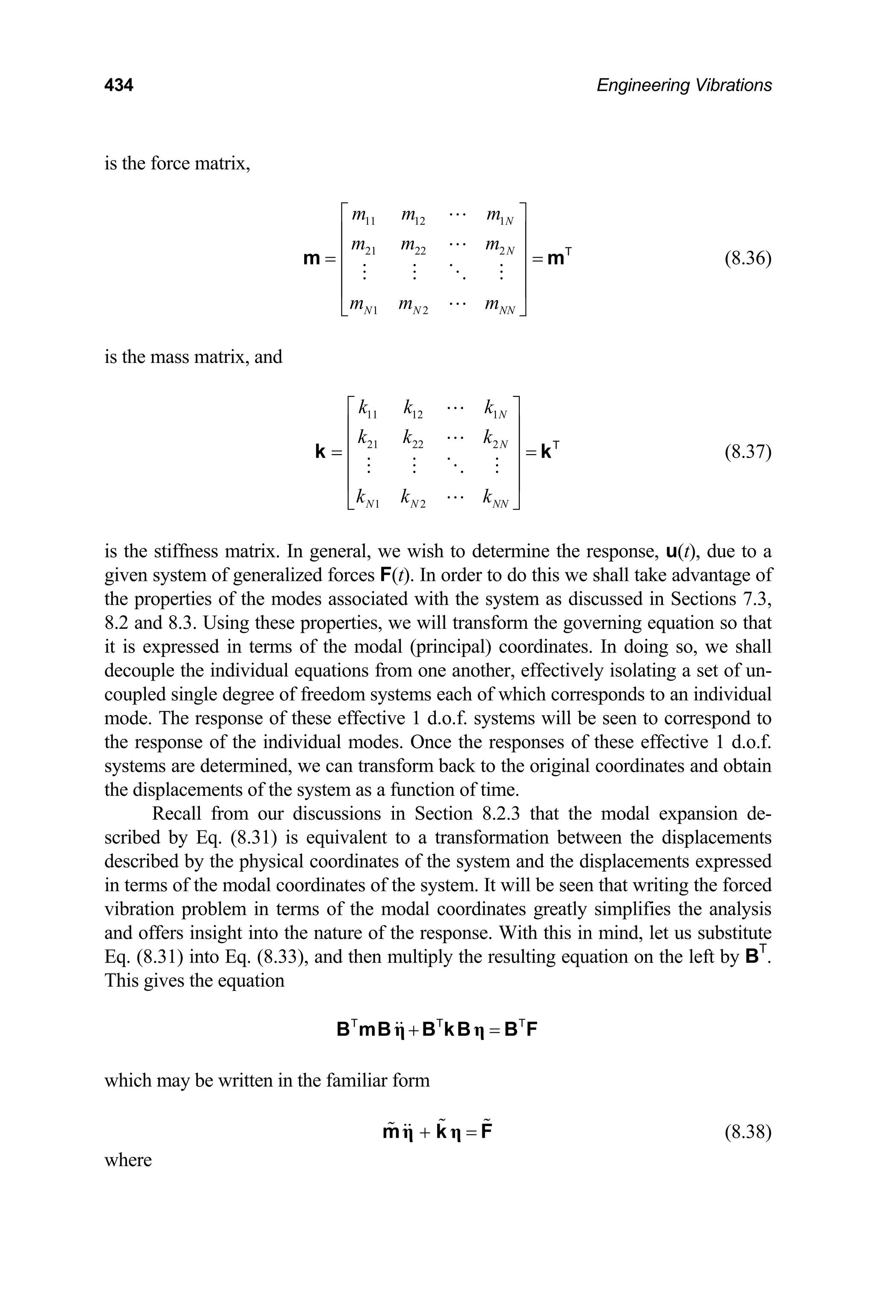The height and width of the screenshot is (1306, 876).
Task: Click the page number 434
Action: (118, 85)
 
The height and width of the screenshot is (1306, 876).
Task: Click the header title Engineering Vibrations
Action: (684, 85)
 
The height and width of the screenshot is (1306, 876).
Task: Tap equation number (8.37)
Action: (748, 452)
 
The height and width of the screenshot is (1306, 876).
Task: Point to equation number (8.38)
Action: (748, 1132)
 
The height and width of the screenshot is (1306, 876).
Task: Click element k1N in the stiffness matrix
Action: (495, 409)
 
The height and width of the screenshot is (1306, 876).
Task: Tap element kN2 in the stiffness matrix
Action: (413, 499)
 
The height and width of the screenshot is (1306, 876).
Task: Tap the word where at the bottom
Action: (128, 1160)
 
